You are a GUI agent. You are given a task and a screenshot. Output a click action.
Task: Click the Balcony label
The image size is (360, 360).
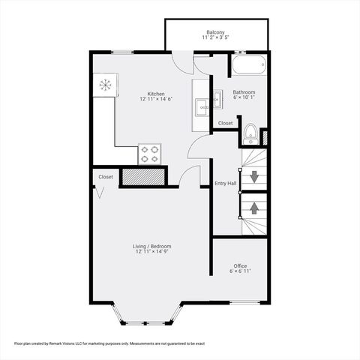[x=215, y=32]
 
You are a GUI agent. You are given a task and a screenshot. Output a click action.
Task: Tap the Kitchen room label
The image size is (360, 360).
[x=156, y=93]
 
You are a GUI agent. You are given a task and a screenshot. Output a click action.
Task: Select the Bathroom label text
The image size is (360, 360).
[x=244, y=91]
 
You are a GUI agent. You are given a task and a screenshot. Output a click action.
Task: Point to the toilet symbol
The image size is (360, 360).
[x=250, y=135]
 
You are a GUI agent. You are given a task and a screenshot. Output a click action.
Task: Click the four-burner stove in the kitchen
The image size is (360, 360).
[x=150, y=154]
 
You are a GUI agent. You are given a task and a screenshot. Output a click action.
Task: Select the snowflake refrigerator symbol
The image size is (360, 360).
[x=106, y=85]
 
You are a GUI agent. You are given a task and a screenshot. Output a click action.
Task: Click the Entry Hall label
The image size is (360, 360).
[x=225, y=183]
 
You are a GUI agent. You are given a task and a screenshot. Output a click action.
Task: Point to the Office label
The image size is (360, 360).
[x=240, y=265]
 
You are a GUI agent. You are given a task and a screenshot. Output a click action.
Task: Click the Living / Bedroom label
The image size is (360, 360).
[x=153, y=246]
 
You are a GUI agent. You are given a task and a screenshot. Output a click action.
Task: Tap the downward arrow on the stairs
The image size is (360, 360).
[x=254, y=177]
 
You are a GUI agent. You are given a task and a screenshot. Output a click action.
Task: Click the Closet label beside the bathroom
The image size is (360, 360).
[x=225, y=123]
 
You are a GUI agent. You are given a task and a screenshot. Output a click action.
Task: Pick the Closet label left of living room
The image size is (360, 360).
[x=106, y=177]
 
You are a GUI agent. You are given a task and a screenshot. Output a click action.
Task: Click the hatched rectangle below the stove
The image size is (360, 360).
[x=142, y=177]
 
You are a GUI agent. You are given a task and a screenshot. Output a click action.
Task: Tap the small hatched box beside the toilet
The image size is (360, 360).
[x=264, y=136]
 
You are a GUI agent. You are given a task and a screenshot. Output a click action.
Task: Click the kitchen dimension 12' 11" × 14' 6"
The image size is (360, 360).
[x=156, y=100]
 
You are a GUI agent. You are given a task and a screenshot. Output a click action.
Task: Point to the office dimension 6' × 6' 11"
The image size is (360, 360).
[x=240, y=271]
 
